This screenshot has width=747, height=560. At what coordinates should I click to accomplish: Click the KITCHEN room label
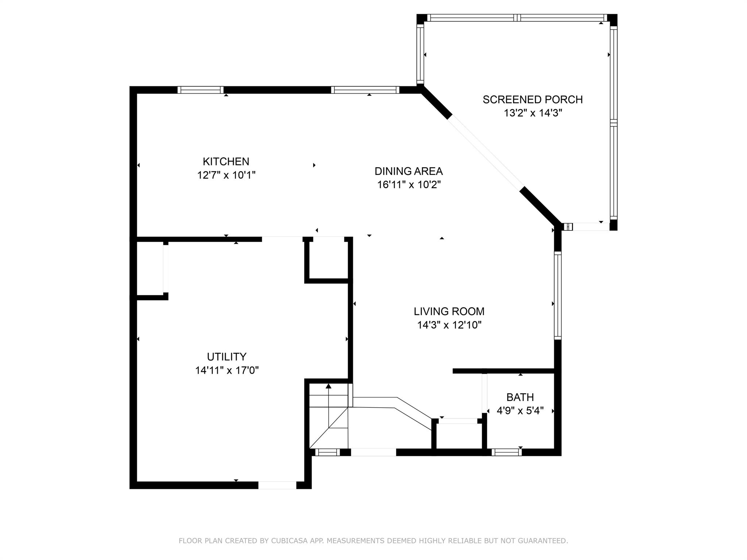226,162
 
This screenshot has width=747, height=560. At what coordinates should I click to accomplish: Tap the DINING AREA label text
409,171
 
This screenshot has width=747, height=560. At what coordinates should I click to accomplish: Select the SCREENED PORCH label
533,100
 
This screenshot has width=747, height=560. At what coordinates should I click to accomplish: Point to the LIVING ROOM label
449,311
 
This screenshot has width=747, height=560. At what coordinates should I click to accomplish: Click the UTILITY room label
227,357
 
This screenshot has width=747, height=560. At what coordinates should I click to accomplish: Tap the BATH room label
520,397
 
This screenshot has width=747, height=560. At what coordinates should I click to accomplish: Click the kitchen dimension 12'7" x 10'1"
226,175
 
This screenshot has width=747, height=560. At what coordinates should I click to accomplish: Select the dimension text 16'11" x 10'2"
409,185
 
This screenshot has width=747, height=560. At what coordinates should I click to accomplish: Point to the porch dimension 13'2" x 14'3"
533,113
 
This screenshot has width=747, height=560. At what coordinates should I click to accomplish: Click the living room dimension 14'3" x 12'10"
449,325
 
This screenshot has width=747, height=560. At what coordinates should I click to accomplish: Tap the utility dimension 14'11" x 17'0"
227,370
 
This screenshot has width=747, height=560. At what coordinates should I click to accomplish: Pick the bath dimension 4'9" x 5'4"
520,411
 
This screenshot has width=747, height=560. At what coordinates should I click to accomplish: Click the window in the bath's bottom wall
507,452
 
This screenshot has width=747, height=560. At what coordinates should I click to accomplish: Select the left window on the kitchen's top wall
200,90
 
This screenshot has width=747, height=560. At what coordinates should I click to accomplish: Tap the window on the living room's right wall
558,295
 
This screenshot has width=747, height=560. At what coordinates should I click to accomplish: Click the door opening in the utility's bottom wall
277,485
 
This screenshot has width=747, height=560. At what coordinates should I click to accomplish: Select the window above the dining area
365,90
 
